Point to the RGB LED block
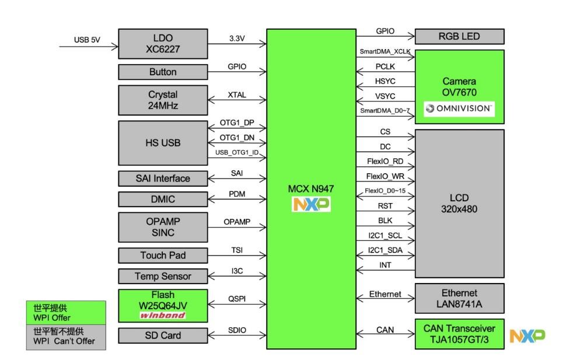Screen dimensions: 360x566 pyautogui.click(x=459, y=36)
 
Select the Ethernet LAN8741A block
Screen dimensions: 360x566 pyautogui.click(x=459, y=298)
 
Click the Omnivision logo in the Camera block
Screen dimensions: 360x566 pyautogui.click(x=459, y=108)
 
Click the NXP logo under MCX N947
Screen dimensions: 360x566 pyautogui.click(x=312, y=204)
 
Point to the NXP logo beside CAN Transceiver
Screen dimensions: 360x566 pyautogui.click(x=527, y=335)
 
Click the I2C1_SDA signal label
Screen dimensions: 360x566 pyautogui.click(x=386, y=250)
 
